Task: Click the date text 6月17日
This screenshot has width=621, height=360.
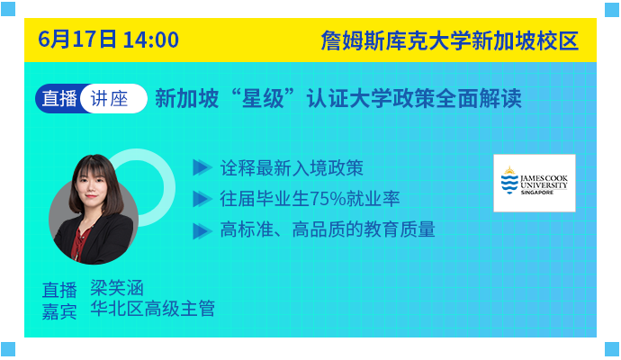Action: click(77, 40)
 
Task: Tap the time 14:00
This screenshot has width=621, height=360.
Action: click(151, 40)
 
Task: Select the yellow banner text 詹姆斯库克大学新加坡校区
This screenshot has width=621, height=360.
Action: click(449, 40)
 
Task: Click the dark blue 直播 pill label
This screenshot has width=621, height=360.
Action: click(59, 98)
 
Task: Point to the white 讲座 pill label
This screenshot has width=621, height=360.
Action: click(109, 99)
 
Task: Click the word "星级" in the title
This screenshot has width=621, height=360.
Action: click(263, 98)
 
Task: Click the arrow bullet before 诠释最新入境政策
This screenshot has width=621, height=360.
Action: click(202, 167)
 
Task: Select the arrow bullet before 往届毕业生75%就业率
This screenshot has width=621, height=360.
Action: click(202, 199)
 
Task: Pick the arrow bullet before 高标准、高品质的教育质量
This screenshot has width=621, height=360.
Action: click(202, 231)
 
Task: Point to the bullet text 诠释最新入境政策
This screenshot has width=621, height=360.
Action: click(292, 168)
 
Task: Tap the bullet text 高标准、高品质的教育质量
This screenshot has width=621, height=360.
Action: click(328, 229)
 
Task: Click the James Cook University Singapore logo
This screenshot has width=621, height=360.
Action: click(535, 183)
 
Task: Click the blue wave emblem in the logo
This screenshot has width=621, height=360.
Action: click(509, 181)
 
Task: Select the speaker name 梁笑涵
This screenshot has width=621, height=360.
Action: click(117, 288)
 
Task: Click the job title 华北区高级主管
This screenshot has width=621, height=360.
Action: click(152, 309)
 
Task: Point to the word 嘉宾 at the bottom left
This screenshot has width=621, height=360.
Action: click(59, 311)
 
